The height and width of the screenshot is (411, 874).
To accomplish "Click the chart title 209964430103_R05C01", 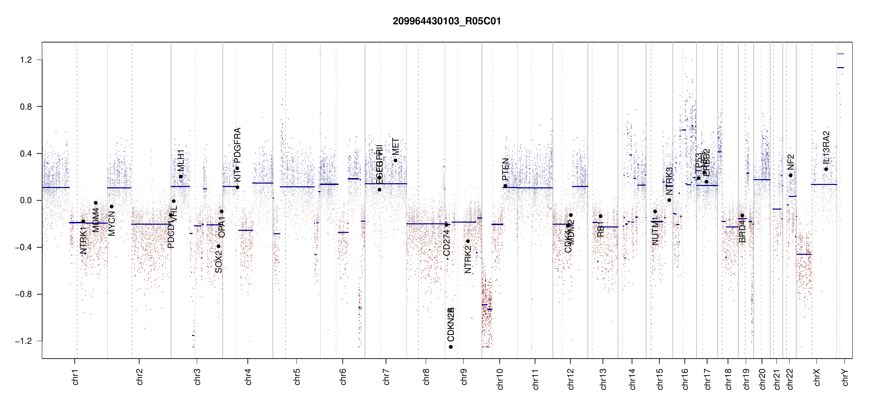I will point(447,21).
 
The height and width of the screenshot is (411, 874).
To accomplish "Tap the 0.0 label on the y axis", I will point(26,200).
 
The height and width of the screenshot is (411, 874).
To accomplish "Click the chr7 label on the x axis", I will point(386,377).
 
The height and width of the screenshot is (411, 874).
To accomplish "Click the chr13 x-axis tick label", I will point(603,379).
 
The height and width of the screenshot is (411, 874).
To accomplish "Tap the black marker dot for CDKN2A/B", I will point(451,347).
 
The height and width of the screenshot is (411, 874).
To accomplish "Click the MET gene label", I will point(396,147).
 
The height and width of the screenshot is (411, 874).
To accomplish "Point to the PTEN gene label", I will point(505,169).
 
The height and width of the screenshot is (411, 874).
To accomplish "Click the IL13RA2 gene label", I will point(826,147).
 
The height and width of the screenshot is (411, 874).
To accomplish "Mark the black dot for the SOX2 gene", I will point(218,246).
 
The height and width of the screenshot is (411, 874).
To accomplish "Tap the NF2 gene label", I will point(790,162).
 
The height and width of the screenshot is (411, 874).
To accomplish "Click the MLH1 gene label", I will point(181,160).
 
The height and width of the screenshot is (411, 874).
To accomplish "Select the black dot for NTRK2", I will point(468,241).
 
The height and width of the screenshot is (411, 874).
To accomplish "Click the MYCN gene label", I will point(111,224).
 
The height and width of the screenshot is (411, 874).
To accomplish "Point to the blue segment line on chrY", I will point(840,67).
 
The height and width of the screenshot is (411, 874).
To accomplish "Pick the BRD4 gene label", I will point(742,231).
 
